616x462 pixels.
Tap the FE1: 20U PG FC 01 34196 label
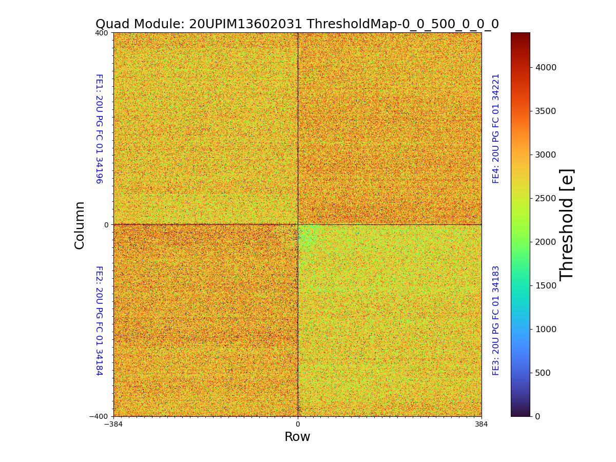click(99, 129)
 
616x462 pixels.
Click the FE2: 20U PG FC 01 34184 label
click(99, 320)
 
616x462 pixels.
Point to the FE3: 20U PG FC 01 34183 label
click(496, 320)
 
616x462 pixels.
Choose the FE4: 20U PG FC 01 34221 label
click(496, 128)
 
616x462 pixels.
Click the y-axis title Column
click(80, 225)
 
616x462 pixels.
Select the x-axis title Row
click(297, 437)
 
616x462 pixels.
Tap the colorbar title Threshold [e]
click(567, 224)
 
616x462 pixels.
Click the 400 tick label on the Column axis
click(101, 33)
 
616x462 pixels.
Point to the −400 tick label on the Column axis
click(99, 416)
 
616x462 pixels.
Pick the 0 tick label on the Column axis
click(106, 225)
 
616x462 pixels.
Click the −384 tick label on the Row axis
click(113, 425)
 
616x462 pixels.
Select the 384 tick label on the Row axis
click(482, 425)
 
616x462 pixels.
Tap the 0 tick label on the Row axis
click(298, 425)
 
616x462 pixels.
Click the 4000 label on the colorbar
click(547, 67)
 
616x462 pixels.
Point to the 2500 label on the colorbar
click(547, 198)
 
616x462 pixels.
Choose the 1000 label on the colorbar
click(547, 329)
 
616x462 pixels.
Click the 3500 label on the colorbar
click(547, 111)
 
